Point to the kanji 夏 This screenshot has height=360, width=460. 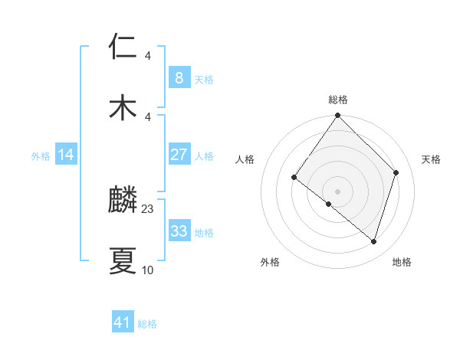click(123, 261)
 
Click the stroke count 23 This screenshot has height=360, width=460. click(148, 209)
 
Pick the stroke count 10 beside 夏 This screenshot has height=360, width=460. click(148, 270)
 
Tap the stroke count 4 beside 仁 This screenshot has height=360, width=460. click(148, 56)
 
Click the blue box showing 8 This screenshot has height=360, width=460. click(179, 78)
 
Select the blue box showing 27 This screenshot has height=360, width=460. click(179, 155)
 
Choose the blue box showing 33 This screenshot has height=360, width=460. click(179, 231)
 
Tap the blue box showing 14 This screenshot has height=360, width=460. click(66, 155)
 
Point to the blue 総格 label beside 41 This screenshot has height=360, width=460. click(147, 324)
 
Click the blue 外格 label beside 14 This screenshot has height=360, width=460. click(41, 156)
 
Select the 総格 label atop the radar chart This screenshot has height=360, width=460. click(338, 100)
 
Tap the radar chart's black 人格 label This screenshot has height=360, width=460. click(245, 159)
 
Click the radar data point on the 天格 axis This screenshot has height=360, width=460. click(396, 172)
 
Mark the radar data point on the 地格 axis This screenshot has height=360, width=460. click(373, 241)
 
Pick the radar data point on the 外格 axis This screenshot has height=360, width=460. click(328, 205)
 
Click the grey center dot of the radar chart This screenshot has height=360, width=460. click(337, 191)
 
